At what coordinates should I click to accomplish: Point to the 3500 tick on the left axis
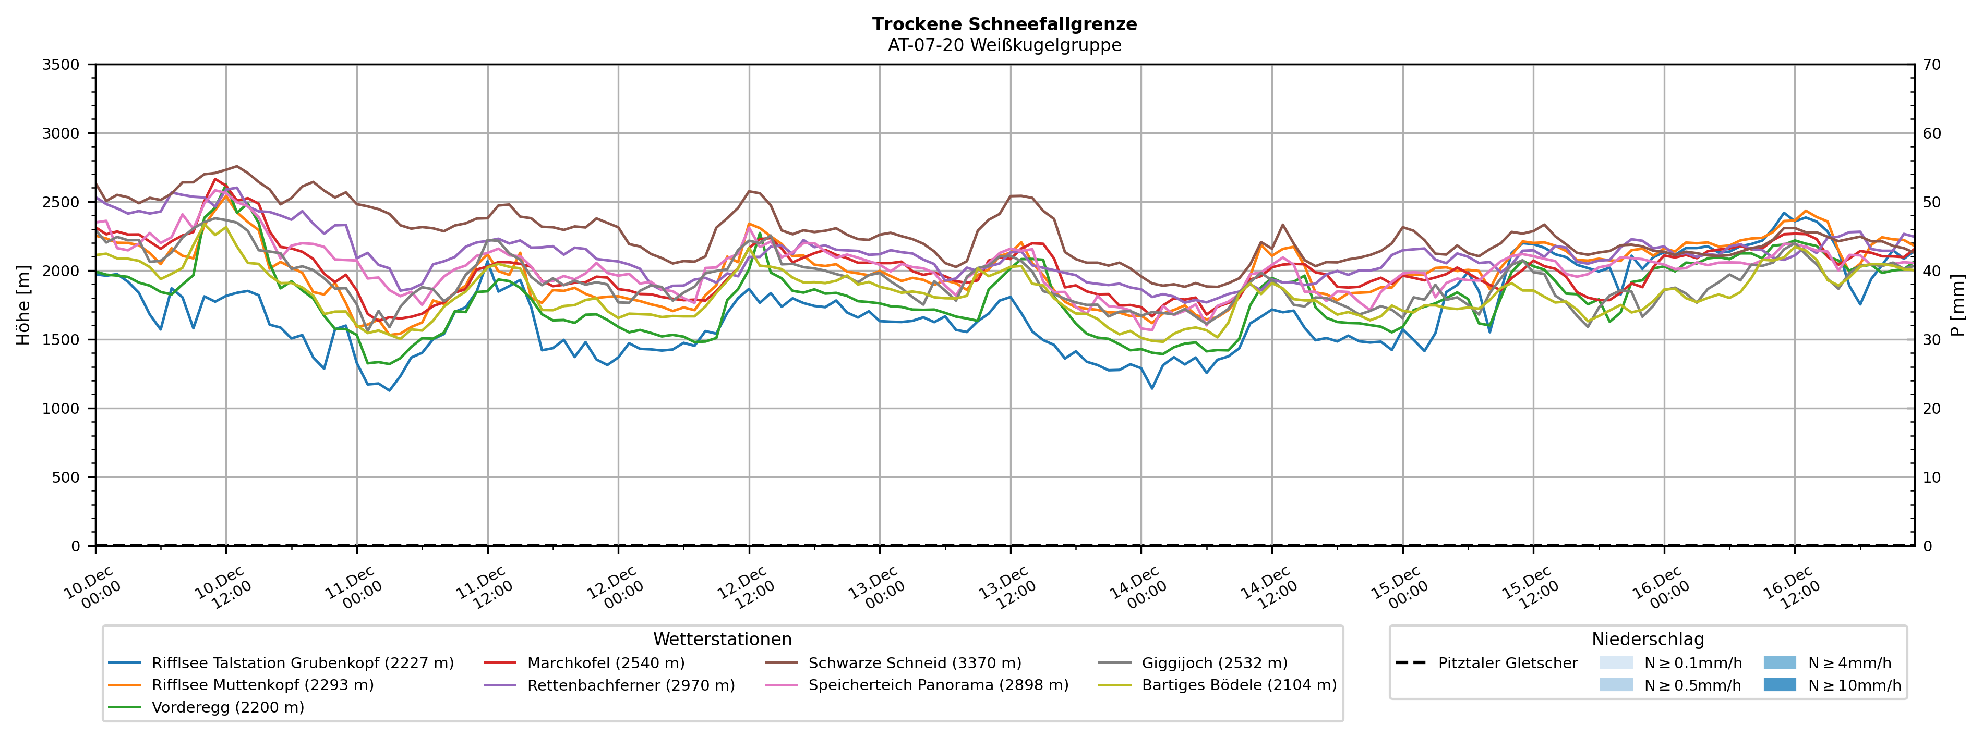(61, 65)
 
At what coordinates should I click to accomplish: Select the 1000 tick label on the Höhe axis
(61, 409)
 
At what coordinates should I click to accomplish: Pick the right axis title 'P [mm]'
(1957, 304)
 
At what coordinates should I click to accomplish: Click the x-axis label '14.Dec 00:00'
(1137, 588)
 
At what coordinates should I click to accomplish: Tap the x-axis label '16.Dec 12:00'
(1790, 588)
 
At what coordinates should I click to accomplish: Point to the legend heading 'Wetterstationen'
(722, 640)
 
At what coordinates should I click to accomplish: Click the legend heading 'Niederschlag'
(1648, 640)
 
